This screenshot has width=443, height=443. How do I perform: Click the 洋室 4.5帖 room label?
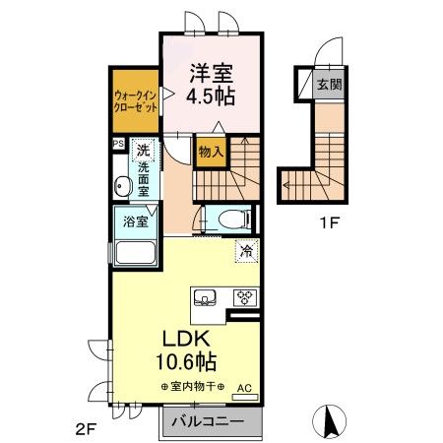(x=211, y=84)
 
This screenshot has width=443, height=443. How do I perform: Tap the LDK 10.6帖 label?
(x=186, y=350)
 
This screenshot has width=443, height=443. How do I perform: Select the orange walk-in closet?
(x=136, y=100)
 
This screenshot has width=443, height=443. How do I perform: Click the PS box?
(x=119, y=144)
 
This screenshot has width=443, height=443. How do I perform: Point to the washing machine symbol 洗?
(x=143, y=151)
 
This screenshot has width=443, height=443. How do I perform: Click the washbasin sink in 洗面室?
(x=123, y=186)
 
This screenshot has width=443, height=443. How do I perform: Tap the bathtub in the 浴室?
(x=135, y=252)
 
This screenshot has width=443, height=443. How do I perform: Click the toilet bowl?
(x=234, y=218)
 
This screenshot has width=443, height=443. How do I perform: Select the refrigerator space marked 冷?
(x=247, y=252)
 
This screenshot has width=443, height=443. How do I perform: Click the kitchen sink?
(x=205, y=297)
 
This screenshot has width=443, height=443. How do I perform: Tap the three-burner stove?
(x=246, y=298)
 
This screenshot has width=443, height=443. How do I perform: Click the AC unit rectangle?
(x=245, y=397)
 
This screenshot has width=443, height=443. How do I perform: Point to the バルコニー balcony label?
(x=208, y=421)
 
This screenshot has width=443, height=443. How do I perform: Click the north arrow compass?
(x=330, y=421)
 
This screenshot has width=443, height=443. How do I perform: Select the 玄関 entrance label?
(x=329, y=85)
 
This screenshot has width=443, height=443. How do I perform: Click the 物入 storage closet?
(x=211, y=152)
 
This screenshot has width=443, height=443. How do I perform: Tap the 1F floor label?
(x=329, y=223)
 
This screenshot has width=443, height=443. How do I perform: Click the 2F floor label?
(x=86, y=429)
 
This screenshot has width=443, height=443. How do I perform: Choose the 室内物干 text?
(x=193, y=387)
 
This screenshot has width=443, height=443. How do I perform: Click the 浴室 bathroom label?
(x=136, y=221)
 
